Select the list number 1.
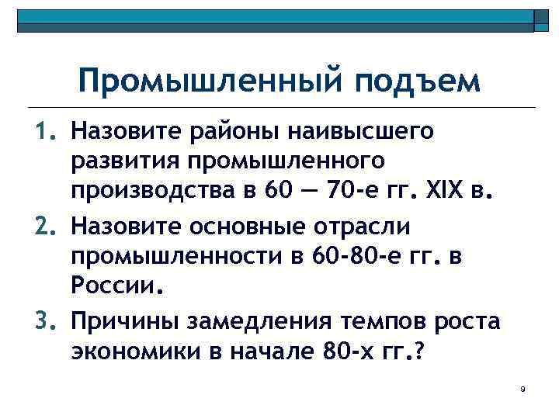pyautogui.click(x=49, y=133)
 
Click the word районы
pyautogui.click(x=234, y=133)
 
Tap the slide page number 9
pyautogui.click(x=523, y=389)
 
